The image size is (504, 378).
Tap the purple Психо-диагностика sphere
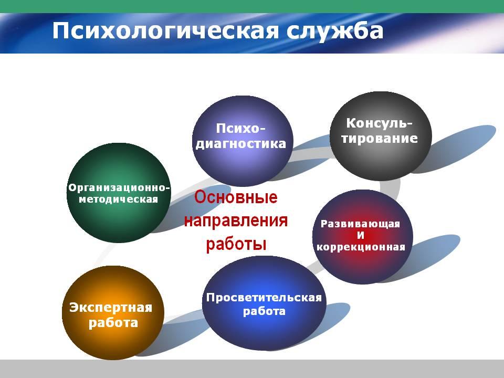[x=243, y=141]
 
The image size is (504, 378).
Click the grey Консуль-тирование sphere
[x=381, y=136]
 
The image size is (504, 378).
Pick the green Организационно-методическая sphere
[x=119, y=193]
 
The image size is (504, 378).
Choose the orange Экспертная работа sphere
[x=113, y=312]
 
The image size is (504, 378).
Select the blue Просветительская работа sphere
[x=264, y=303]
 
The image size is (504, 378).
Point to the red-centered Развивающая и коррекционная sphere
[x=363, y=237]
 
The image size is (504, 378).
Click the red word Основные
[x=236, y=197]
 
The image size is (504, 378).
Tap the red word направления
[x=236, y=221]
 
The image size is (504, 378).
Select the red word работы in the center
[x=236, y=244]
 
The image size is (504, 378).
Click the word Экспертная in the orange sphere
[x=111, y=308]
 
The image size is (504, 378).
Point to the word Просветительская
[x=264, y=298]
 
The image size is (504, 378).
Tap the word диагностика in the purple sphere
[x=241, y=144]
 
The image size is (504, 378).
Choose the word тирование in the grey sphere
[x=380, y=138]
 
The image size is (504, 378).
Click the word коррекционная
[x=361, y=247]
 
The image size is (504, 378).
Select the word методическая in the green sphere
[x=119, y=199]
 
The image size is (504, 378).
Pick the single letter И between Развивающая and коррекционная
[x=361, y=236]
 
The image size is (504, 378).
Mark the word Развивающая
[x=360, y=224]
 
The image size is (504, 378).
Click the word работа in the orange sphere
[x=113, y=323]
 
